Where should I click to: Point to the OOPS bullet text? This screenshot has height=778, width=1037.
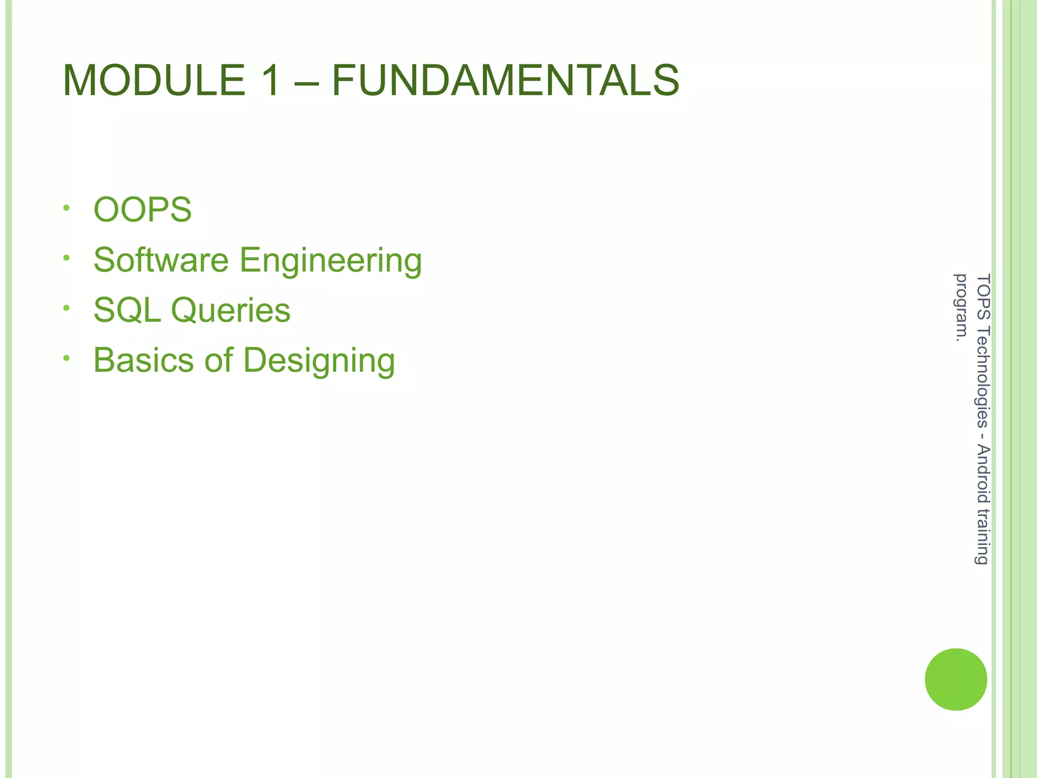(x=143, y=210)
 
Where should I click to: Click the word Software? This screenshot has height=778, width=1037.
(x=161, y=260)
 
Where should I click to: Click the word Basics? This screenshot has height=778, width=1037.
(x=143, y=360)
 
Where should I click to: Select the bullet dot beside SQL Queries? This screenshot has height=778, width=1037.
(x=66, y=308)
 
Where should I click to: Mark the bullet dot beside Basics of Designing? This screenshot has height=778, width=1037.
(x=66, y=358)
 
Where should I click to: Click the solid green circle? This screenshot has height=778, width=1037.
(x=955, y=679)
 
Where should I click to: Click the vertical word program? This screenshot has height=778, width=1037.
(x=960, y=307)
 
